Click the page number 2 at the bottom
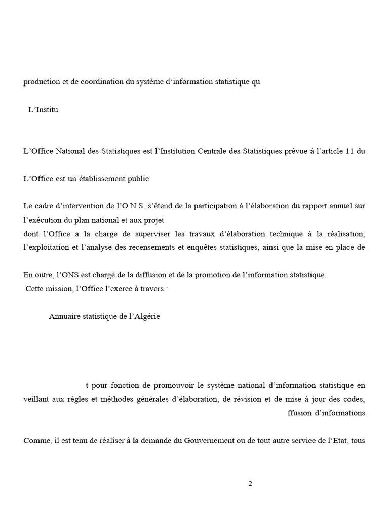[250, 483]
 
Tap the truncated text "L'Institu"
[43, 109]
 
